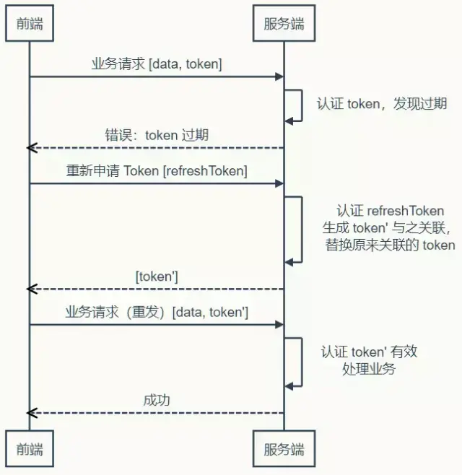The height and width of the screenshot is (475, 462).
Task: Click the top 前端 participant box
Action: pos(30,24)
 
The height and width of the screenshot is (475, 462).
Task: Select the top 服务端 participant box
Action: pos(284,24)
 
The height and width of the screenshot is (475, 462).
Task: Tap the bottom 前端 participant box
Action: pos(30,449)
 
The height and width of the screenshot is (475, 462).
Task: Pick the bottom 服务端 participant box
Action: pos(284,449)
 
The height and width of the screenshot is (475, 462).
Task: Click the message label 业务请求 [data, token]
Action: pos(157,64)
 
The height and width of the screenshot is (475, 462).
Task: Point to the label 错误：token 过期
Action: pos(157,135)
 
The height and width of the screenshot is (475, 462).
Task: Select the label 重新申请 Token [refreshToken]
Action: pos(157,171)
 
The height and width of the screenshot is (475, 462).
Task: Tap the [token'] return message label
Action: pos(157,276)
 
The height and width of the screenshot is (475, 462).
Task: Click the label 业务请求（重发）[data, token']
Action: pos(157,313)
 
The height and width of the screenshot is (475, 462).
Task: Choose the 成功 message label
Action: pos(157,400)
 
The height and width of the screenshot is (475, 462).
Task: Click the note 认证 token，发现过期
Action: pos(382,103)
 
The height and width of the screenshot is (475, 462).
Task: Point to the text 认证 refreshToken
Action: pos(390,211)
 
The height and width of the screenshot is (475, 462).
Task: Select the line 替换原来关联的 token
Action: pos(390,245)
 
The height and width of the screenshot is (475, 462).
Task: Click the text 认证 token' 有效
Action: pos(370,352)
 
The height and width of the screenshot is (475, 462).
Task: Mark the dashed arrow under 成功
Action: pos(157,413)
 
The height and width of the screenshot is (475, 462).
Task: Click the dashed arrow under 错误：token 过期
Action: pos(157,148)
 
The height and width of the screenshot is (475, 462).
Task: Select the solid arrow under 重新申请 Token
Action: pos(157,183)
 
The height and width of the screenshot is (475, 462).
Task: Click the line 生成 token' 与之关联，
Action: pos(388,228)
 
